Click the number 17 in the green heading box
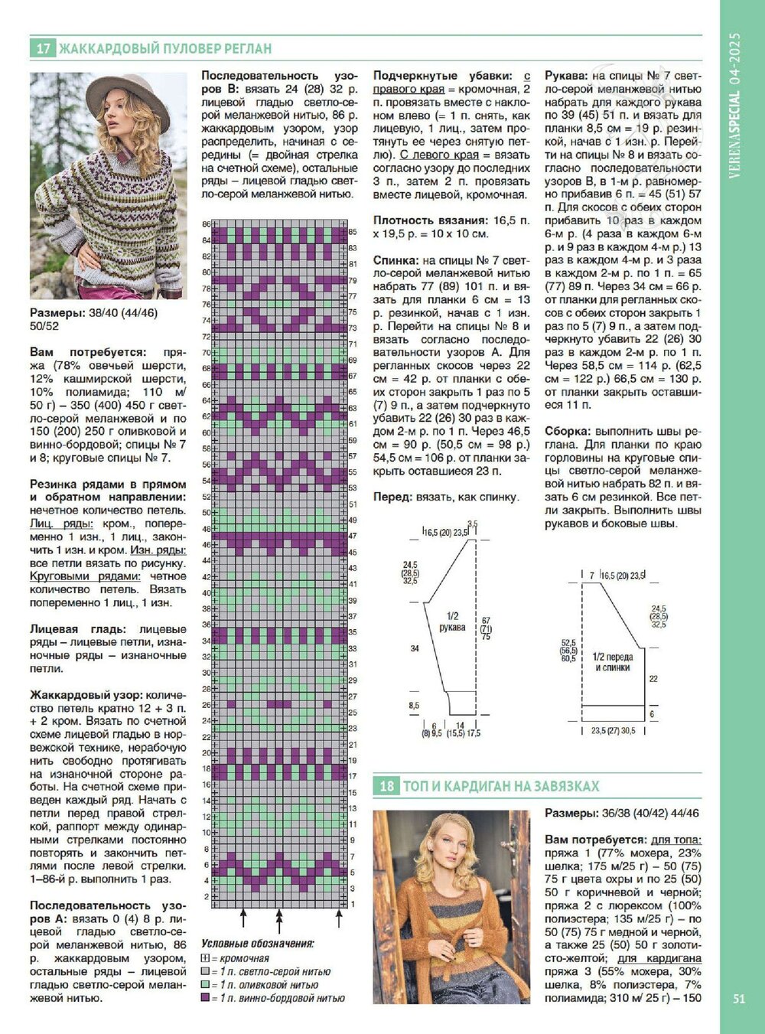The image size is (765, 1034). click(x=43, y=48)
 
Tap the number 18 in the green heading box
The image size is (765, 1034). click(x=387, y=786)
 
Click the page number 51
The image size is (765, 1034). click(x=739, y=998)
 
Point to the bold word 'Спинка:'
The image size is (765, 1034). click(x=396, y=260)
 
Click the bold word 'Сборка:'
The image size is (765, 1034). click(x=568, y=431)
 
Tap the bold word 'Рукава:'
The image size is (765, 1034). click(x=566, y=76)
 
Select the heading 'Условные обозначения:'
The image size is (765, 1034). click(x=257, y=944)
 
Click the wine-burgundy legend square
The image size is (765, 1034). click(x=205, y=998)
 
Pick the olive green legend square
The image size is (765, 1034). click(x=205, y=985)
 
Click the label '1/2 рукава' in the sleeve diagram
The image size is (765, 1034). click(x=452, y=621)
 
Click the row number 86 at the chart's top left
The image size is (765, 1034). click(x=206, y=223)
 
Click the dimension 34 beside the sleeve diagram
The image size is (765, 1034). click(x=414, y=648)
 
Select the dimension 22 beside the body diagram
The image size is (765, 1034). click(x=653, y=678)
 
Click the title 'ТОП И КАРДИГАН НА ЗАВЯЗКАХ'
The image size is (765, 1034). click(x=500, y=786)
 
